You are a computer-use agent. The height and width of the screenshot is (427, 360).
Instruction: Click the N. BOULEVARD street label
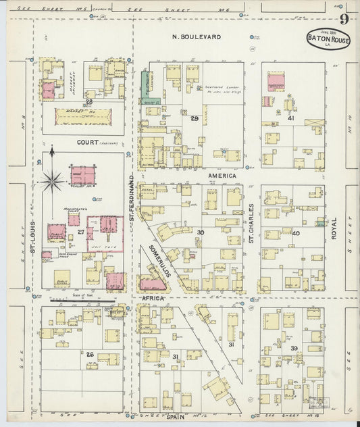click(x=196, y=36)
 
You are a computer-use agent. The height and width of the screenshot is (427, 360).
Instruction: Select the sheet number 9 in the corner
click(x=344, y=18)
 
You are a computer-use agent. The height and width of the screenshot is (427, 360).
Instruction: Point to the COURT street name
click(x=88, y=143)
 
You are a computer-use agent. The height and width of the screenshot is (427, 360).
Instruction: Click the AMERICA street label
click(x=222, y=176)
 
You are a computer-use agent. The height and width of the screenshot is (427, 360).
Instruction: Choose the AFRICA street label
click(x=153, y=298)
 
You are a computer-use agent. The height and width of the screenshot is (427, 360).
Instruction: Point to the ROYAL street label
click(x=333, y=230)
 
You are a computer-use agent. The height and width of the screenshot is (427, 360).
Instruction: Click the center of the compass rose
click(x=52, y=180)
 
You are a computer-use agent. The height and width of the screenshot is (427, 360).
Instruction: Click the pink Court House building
click(x=83, y=176)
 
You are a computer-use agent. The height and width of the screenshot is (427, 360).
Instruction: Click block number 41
click(x=291, y=118)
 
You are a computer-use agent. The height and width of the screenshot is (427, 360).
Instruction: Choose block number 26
click(x=89, y=354)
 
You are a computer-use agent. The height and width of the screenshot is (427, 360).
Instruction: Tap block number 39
click(x=294, y=348)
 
